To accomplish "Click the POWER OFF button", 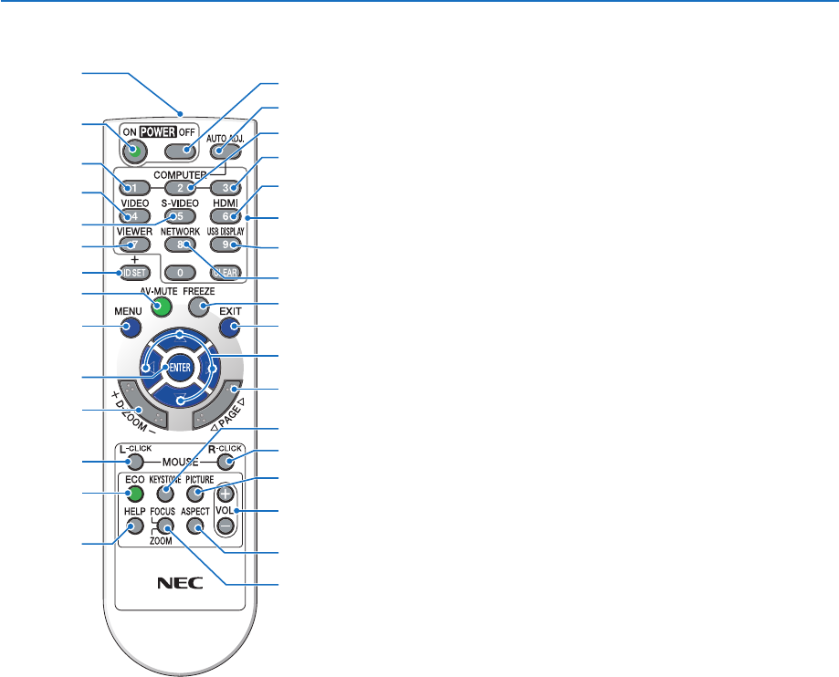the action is click(x=185, y=151).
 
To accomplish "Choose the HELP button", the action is click(x=136, y=526).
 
